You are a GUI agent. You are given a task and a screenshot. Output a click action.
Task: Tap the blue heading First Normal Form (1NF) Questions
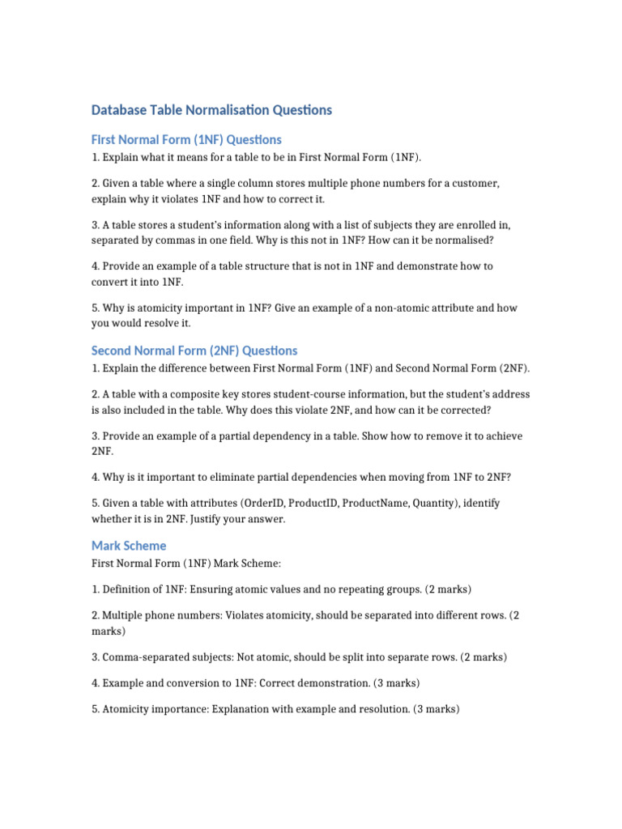[x=186, y=139]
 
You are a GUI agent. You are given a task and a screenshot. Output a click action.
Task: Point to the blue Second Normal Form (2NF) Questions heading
[x=194, y=351]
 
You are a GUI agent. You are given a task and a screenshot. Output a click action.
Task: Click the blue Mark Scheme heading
[x=129, y=546]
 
